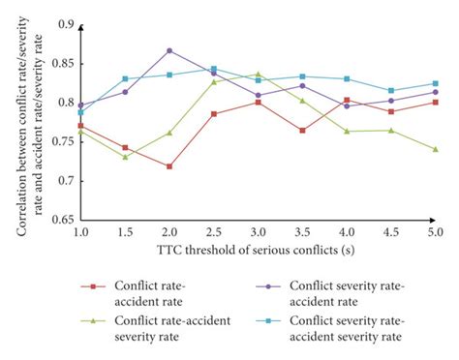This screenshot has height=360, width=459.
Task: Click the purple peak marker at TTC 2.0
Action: [169, 50]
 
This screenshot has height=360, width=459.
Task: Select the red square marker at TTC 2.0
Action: [169, 166]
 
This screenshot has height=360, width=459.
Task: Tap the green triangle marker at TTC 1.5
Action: [125, 156]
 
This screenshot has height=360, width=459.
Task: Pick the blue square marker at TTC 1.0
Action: [80, 112]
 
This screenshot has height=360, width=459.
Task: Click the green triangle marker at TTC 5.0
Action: [436, 149]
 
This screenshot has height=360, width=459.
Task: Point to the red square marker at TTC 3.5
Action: [302, 130]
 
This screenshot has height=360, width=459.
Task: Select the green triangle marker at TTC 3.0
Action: [259, 74]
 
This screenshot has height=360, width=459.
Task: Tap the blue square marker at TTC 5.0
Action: [436, 83]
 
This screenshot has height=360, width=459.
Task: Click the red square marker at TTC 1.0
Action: [80, 126]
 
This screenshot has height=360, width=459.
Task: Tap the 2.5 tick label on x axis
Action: [214, 233]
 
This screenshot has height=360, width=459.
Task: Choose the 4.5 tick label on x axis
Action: [391, 233]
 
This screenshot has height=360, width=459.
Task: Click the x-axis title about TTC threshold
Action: [258, 252]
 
